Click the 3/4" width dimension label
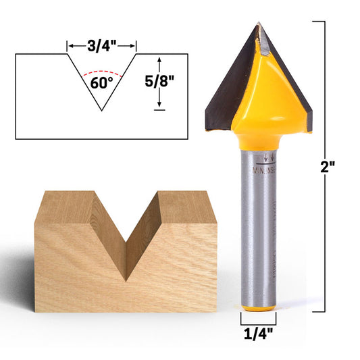pos(102,45)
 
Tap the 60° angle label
pos(101,84)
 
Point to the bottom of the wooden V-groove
pos(126,277)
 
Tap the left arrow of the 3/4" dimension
pos(69,46)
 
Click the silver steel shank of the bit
pos(258,236)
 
